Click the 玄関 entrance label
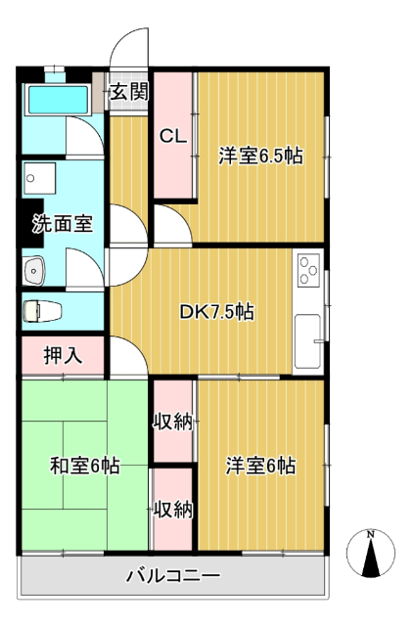click(x=129, y=91)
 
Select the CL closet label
click(x=173, y=137)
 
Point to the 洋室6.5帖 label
click(x=260, y=156)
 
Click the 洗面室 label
click(x=63, y=223)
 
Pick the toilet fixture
click(x=42, y=311)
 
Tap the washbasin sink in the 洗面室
click(x=34, y=270)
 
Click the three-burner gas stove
click(x=308, y=270)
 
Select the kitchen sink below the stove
click(x=307, y=341)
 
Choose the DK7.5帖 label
click(x=216, y=312)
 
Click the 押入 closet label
click(x=63, y=354)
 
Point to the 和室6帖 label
click(x=85, y=466)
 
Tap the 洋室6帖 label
click(x=260, y=466)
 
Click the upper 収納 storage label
click(x=173, y=422)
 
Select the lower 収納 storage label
click(x=173, y=510)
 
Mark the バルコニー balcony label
click(x=173, y=575)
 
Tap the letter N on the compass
click(x=371, y=534)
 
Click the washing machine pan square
click(x=39, y=178)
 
